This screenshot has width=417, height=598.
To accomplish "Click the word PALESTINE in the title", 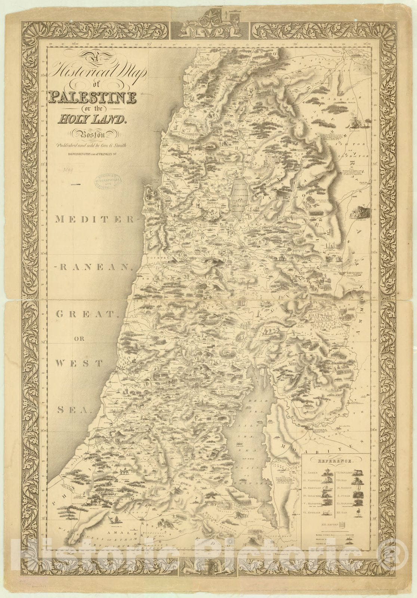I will [92, 98].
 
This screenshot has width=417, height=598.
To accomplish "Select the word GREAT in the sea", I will [85, 315].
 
